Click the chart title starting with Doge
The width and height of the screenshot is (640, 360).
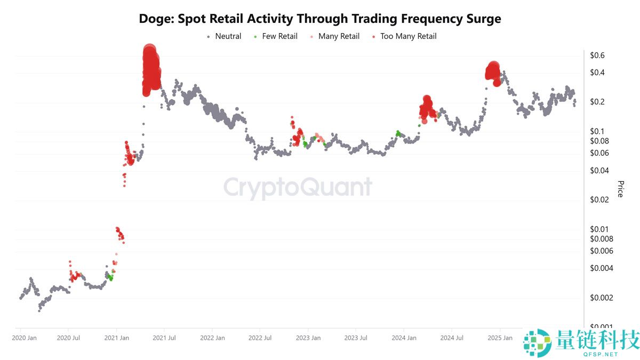coord(320,19)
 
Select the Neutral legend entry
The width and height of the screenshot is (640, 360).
coord(228,36)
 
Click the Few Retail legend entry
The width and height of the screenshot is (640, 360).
coord(279,36)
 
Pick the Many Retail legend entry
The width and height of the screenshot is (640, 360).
coord(339,36)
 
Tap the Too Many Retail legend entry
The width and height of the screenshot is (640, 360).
coord(408,36)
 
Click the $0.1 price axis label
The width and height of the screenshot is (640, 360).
coord(597,131)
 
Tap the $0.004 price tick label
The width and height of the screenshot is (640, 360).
coord(601,268)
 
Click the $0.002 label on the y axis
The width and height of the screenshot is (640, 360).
coord(601,297)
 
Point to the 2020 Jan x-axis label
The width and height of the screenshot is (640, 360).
coord(24,338)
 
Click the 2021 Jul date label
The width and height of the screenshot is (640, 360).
coord(165,338)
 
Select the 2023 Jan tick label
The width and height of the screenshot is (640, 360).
coord(308,338)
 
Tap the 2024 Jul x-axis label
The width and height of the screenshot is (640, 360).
coord(452,338)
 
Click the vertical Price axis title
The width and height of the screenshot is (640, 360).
coord(620,189)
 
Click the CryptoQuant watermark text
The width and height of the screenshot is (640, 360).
coord(298,188)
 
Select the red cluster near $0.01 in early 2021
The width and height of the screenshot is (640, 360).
coord(120,233)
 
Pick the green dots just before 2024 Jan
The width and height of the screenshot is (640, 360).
coord(398,133)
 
